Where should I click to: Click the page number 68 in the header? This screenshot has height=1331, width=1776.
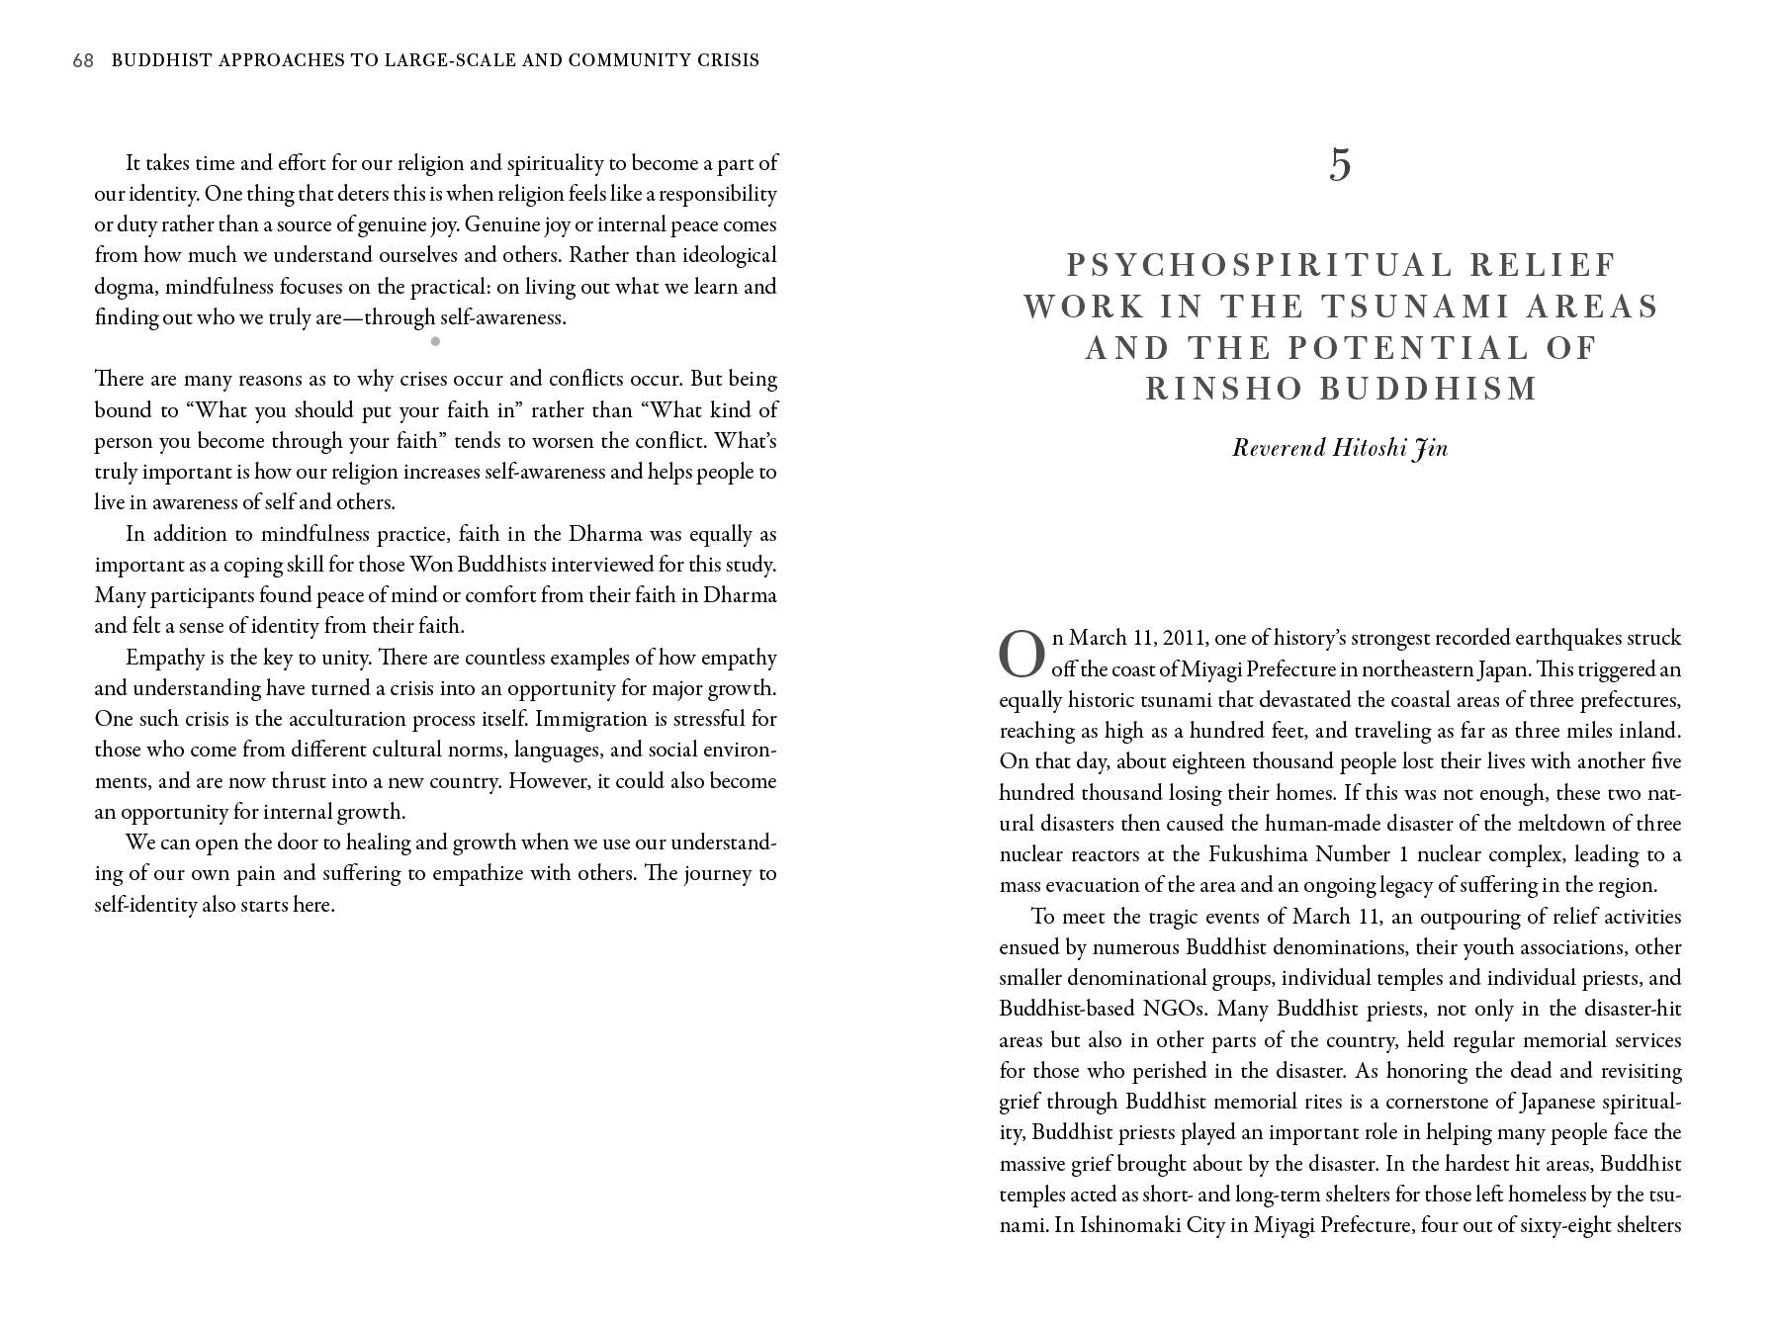tap(83, 60)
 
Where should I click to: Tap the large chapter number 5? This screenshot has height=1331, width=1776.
tap(1340, 164)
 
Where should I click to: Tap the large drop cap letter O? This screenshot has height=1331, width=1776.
tap(1021, 655)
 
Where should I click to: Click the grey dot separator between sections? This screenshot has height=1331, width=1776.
tap(435, 342)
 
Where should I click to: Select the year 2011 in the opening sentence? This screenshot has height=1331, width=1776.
tap(1184, 638)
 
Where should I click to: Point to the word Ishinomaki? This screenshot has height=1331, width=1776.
tap(1126, 1225)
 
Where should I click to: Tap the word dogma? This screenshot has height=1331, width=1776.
tap(125, 287)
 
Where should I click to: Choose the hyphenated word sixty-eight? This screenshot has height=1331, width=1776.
tap(1548, 1225)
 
